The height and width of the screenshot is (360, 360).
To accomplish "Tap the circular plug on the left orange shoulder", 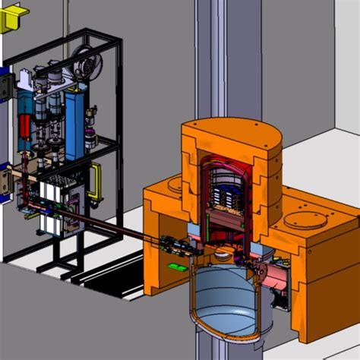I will [172, 185].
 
